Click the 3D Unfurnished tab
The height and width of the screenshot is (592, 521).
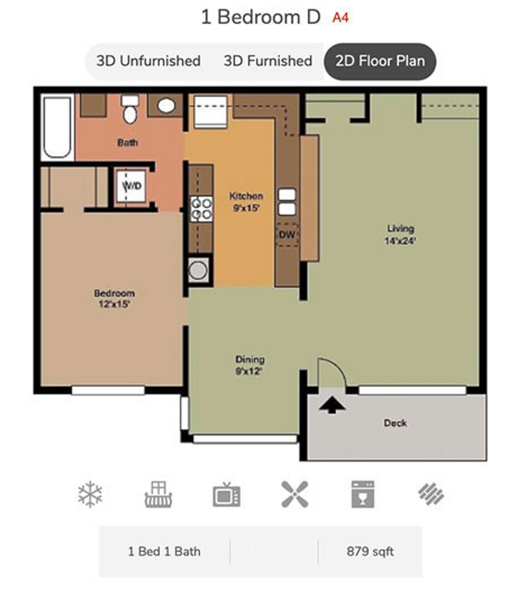pos(148,61)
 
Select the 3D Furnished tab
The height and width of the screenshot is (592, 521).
pos(268,61)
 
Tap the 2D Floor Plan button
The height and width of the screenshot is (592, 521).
pos(380,61)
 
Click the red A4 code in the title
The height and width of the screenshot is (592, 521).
pos(340,18)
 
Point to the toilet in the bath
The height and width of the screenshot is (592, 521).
pos(130,110)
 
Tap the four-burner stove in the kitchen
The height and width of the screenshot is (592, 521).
pos(201,209)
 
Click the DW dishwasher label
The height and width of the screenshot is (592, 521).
pos(287,235)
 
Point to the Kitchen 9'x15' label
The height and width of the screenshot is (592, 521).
pos(246,202)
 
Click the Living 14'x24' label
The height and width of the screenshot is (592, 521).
pos(400,235)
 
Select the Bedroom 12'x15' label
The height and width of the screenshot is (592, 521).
pos(114,298)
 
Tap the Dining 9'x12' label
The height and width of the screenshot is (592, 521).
pos(250,365)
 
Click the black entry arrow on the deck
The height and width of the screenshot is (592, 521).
pos(332,405)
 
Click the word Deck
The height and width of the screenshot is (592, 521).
pos(395,423)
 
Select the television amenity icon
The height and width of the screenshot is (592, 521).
pos(226,495)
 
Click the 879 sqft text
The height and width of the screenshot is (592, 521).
pos(370,551)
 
